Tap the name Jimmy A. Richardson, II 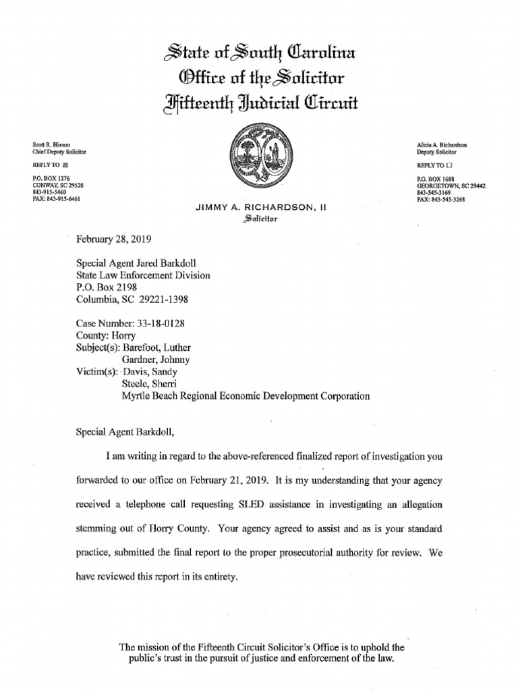(x=260, y=209)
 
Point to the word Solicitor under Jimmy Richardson (x=260, y=219)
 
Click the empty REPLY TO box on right (x=449, y=165)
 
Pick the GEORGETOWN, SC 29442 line (x=451, y=186)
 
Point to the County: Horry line (x=107, y=335)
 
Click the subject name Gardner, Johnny (x=157, y=360)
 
